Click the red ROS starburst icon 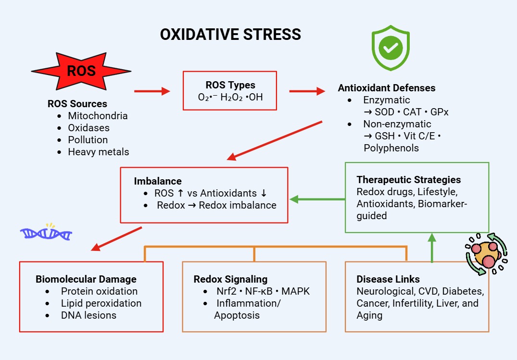pyautogui.click(x=81, y=72)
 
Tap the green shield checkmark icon pyautogui.click(x=390, y=48)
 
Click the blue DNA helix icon pyautogui.click(x=46, y=233)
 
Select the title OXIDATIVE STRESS pyautogui.click(x=230, y=35)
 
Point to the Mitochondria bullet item pyautogui.click(x=98, y=116)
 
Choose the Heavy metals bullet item pyautogui.click(x=99, y=152)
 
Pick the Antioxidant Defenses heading pyautogui.click(x=387, y=88)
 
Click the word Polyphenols pyautogui.click(x=391, y=148)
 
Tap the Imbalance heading pyautogui.click(x=158, y=181)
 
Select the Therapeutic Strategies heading pyautogui.click(x=409, y=180)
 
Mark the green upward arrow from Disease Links pyautogui.click(x=432, y=248)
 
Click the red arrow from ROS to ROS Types pyautogui.click(x=152, y=91)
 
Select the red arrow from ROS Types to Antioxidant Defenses pyautogui.click(x=307, y=91)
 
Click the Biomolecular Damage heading pyautogui.click(x=86, y=279)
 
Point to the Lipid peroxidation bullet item pyautogui.click(x=101, y=303)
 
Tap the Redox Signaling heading pyautogui.click(x=230, y=279)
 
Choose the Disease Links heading pyautogui.click(x=388, y=279)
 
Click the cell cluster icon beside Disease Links pyautogui.click(x=486, y=254)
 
